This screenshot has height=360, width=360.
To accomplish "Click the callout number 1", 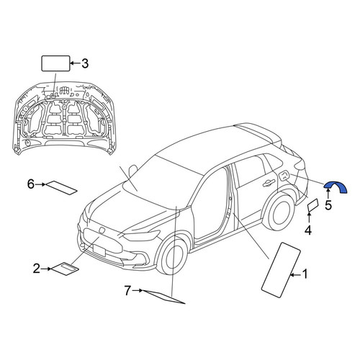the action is tap(305, 274).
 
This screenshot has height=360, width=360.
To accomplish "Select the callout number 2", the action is tap(37, 269).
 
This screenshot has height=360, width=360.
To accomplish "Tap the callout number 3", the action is tap(85, 63).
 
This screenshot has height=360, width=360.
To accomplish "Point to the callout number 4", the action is tap(308, 230).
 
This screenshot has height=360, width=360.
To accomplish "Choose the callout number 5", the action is tap(328, 205).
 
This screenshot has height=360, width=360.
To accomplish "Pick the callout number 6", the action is tap(31, 184).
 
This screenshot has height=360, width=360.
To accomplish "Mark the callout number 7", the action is tap(127, 291).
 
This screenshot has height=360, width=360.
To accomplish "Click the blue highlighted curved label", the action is tap(336, 186).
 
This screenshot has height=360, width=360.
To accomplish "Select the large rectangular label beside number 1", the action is tap(281, 270).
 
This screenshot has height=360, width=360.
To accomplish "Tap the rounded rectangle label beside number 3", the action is tap(55, 63).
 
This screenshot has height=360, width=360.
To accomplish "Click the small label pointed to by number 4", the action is tap(313, 205).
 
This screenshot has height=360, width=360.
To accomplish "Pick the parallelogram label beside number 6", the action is tap(61, 188).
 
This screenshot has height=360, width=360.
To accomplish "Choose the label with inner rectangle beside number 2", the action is tap(66, 269).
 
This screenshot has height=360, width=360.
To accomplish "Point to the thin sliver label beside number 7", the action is tap(164, 297).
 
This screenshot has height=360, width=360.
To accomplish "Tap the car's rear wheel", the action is tap(279, 212).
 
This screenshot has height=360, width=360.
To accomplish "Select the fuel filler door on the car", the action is tap(284, 176).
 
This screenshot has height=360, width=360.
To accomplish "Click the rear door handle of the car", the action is tap(269, 183).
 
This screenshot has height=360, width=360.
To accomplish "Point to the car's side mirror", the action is tap(132, 171).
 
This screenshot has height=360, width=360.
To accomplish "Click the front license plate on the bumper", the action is tap(99, 250).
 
